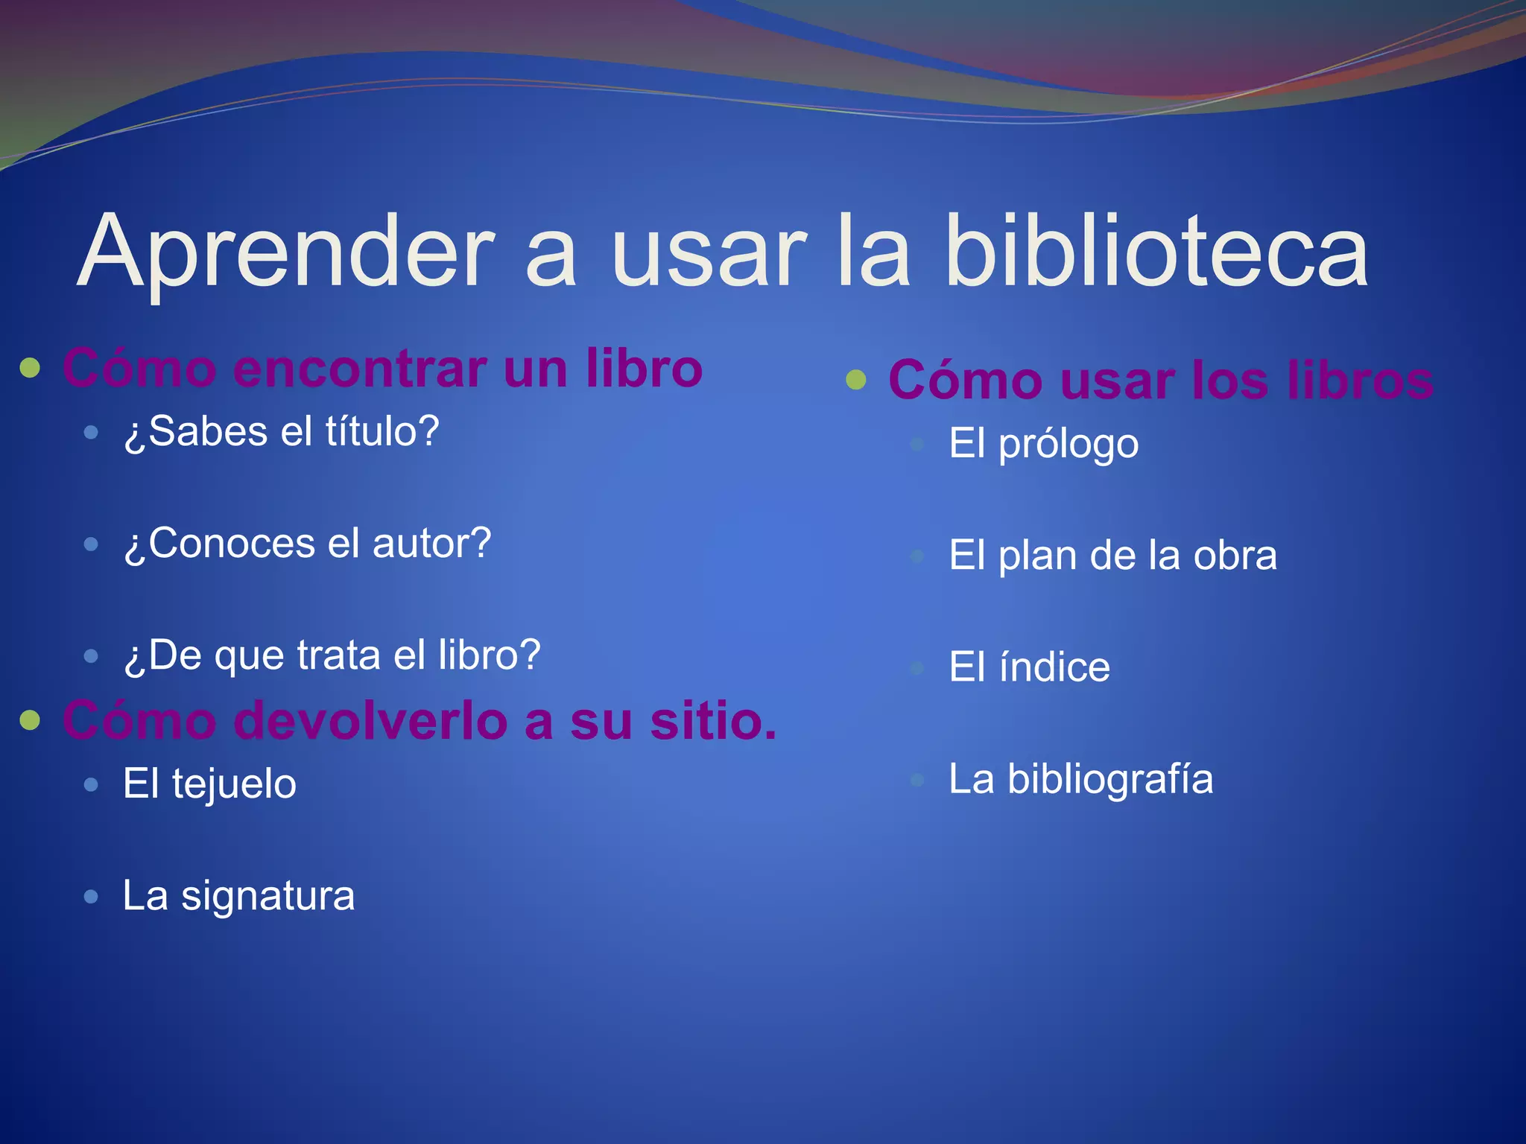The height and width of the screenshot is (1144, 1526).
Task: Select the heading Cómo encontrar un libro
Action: click(x=382, y=368)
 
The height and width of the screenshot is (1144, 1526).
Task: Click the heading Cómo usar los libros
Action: click(x=1160, y=380)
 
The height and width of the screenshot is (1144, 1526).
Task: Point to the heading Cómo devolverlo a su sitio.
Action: click(x=419, y=721)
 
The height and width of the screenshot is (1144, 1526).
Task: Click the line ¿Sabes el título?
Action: click(x=282, y=431)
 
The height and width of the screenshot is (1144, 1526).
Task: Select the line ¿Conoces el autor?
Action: click(x=307, y=543)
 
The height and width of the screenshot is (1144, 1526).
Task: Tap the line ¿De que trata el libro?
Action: click(x=332, y=655)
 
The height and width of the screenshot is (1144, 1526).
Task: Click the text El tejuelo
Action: click(x=209, y=784)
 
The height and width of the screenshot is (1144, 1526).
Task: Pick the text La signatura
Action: click(x=238, y=895)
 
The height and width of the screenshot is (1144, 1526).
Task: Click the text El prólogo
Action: click(x=1043, y=444)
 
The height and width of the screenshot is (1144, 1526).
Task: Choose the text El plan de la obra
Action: click(x=1112, y=556)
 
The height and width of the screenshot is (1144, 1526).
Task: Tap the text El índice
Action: click(x=1029, y=667)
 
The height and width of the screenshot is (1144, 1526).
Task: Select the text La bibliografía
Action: click(x=1080, y=779)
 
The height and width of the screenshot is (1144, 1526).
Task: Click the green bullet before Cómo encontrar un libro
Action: click(x=30, y=368)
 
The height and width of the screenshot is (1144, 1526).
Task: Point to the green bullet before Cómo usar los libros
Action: click(x=856, y=380)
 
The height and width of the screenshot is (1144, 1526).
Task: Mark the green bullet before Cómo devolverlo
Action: click(x=30, y=720)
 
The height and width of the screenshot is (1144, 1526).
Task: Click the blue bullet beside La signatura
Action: click(x=91, y=896)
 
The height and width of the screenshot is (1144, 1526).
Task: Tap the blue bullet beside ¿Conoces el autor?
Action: click(x=91, y=544)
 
